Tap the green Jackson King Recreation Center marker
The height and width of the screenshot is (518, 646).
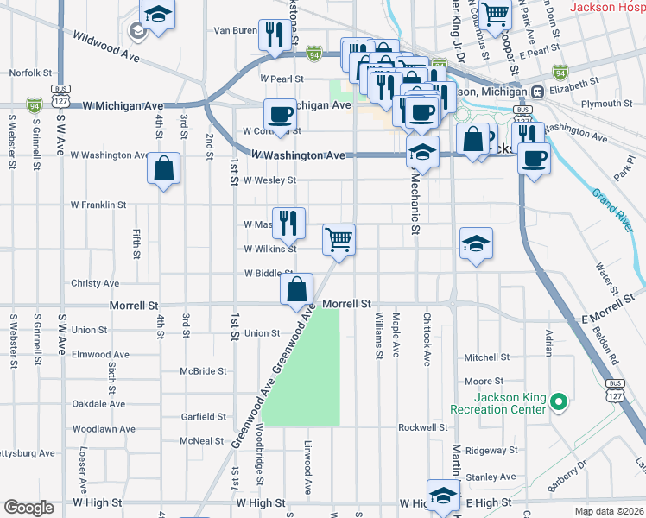558,401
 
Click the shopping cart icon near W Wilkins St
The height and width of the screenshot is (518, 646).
339,238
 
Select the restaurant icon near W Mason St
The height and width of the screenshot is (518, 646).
288,222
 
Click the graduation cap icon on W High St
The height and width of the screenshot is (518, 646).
443,496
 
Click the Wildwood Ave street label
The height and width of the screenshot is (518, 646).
107,46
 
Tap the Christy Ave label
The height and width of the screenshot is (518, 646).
95,283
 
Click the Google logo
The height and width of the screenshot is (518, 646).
29,508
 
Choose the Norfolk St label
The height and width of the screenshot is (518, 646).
31,73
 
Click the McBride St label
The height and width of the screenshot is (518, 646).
203,371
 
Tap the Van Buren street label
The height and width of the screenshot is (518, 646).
235,30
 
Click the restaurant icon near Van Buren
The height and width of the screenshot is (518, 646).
275,35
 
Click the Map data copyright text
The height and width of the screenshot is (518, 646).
609,511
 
